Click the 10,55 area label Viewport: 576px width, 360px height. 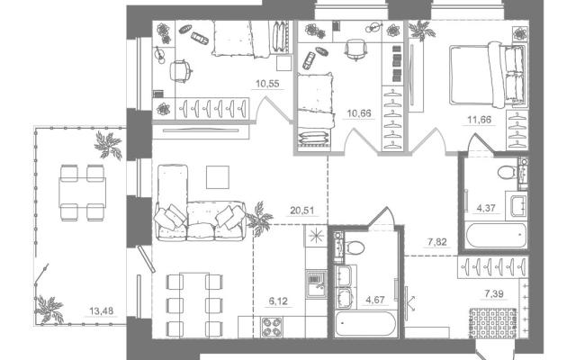coord(267,84)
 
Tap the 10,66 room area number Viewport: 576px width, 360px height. coord(359,113)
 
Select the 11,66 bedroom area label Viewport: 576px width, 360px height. coord(479,120)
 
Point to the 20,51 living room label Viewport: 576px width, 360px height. coord(302,211)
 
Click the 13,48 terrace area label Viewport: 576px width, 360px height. coord(102,310)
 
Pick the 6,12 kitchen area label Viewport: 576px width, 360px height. coord(278,301)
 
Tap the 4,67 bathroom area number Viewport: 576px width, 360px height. coord(374,300)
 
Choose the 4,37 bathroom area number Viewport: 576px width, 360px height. coord(486,208)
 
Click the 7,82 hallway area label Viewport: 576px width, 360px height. coord(436,242)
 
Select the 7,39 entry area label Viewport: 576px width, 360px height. coord(494,293)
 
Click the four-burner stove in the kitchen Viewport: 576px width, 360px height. coord(272,327)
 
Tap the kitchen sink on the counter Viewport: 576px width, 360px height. coord(316,284)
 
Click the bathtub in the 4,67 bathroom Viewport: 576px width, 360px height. coord(366,324)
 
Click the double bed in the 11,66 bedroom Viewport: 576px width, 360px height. coord(488,75)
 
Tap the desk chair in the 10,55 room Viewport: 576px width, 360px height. coord(181,71)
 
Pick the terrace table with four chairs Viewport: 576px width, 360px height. coord(82,193)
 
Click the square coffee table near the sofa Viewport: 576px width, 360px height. coord(218,177)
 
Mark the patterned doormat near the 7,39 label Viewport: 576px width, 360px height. coord(492,323)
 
